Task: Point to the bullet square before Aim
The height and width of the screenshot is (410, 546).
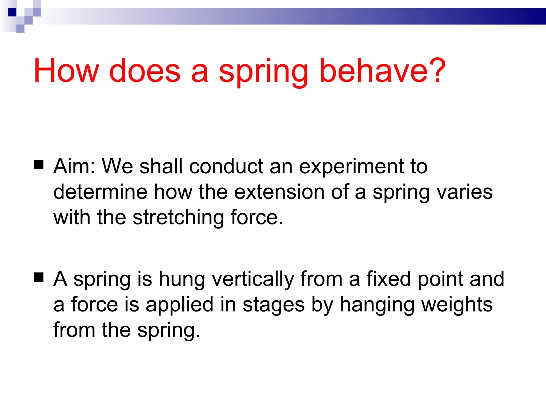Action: point(39,165)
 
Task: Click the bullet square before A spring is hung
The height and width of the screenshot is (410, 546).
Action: point(39,277)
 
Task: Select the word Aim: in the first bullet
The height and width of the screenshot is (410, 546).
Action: point(74,166)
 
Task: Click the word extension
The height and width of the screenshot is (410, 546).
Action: point(279,192)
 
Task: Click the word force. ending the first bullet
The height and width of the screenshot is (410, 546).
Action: point(257,217)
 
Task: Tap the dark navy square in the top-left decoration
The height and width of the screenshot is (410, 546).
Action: point(12,12)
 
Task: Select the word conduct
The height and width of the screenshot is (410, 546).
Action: point(226,166)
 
